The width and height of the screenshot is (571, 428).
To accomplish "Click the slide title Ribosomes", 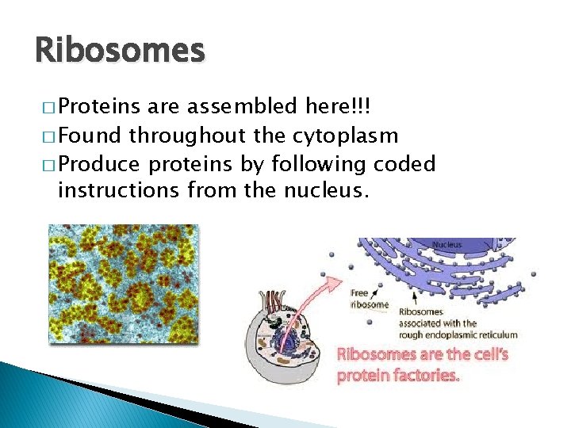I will click(120, 51).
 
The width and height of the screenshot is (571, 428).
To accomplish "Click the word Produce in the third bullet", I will click(100, 164).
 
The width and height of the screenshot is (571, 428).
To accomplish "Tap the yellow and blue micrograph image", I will click(123, 284).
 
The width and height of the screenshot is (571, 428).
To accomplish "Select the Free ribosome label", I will click(369, 299).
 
